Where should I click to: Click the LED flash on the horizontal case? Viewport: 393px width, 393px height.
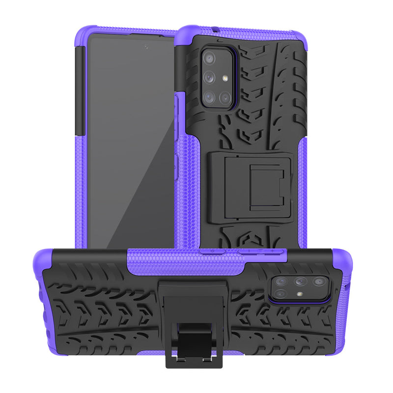(299, 294)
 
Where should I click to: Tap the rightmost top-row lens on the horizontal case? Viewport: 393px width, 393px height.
(318, 282)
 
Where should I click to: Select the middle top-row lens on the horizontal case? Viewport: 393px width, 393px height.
(300, 281)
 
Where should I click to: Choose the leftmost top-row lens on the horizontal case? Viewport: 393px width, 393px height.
(281, 281)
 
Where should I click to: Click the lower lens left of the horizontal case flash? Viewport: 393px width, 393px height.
(281, 293)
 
